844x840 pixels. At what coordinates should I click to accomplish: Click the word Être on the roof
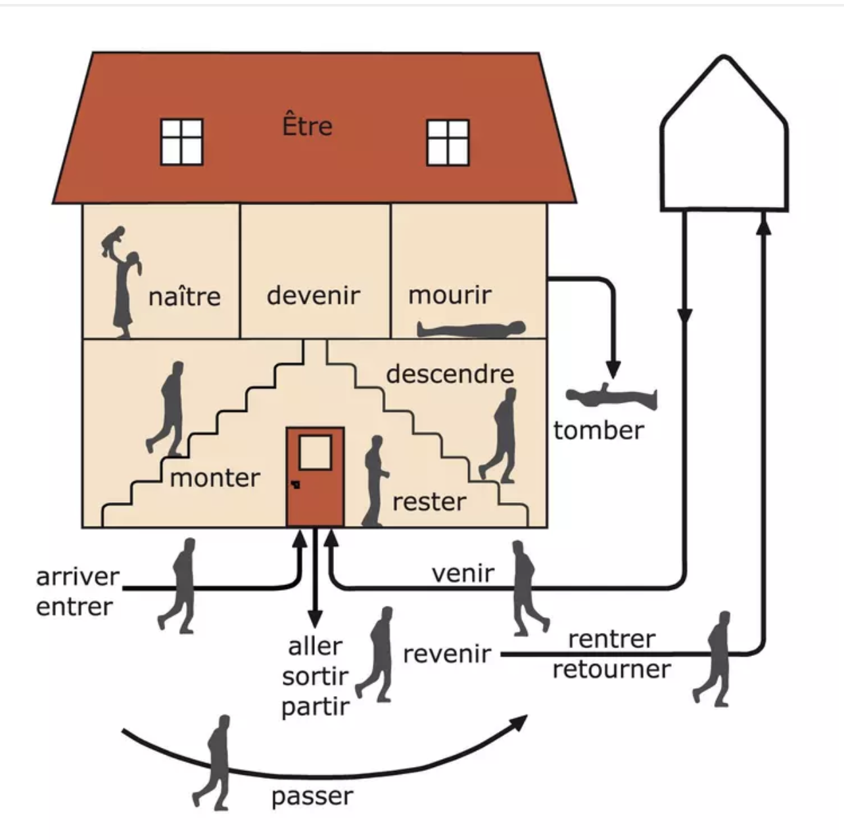pyautogui.click(x=307, y=126)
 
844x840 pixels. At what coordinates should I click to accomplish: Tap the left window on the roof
pyautogui.click(x=181, y=141)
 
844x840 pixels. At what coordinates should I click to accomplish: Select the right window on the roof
pyautogui.click(x=448, y=142)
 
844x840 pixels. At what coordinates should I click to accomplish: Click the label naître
pyautogui.click(x=185, y=297)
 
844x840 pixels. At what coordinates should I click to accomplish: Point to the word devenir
pyautogui.click(x=314, y=295)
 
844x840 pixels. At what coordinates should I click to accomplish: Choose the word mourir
pyautogui.click(x=450, y=295)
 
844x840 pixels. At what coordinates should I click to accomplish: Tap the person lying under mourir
pyautogui.click(x=472, y=329)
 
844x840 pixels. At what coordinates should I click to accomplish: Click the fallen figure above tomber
pyautogui.click(x=611, y=396)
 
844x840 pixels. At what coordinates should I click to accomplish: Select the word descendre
pyautogui.click(x=450, y=374)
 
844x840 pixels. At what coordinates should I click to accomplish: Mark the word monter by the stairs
pyautogui.click(x=215, y=478)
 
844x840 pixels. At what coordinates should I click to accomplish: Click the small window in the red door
pyautogui.click(x=315, y=452)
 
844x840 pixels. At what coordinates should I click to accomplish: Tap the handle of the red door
pyautogui.click(x=296, y=485)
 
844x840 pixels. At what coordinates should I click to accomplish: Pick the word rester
pyautogui.click(x=429, y=502)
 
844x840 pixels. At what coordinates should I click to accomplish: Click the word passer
pyautogui.click(x=312, y=797)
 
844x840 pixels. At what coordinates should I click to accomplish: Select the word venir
pyautogui.click(x=463, y=574)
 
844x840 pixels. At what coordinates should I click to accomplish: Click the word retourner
pyautogui.click(x=611, y=670)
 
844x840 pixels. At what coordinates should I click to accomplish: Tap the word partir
pyautogui.click(x=316, y=707)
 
